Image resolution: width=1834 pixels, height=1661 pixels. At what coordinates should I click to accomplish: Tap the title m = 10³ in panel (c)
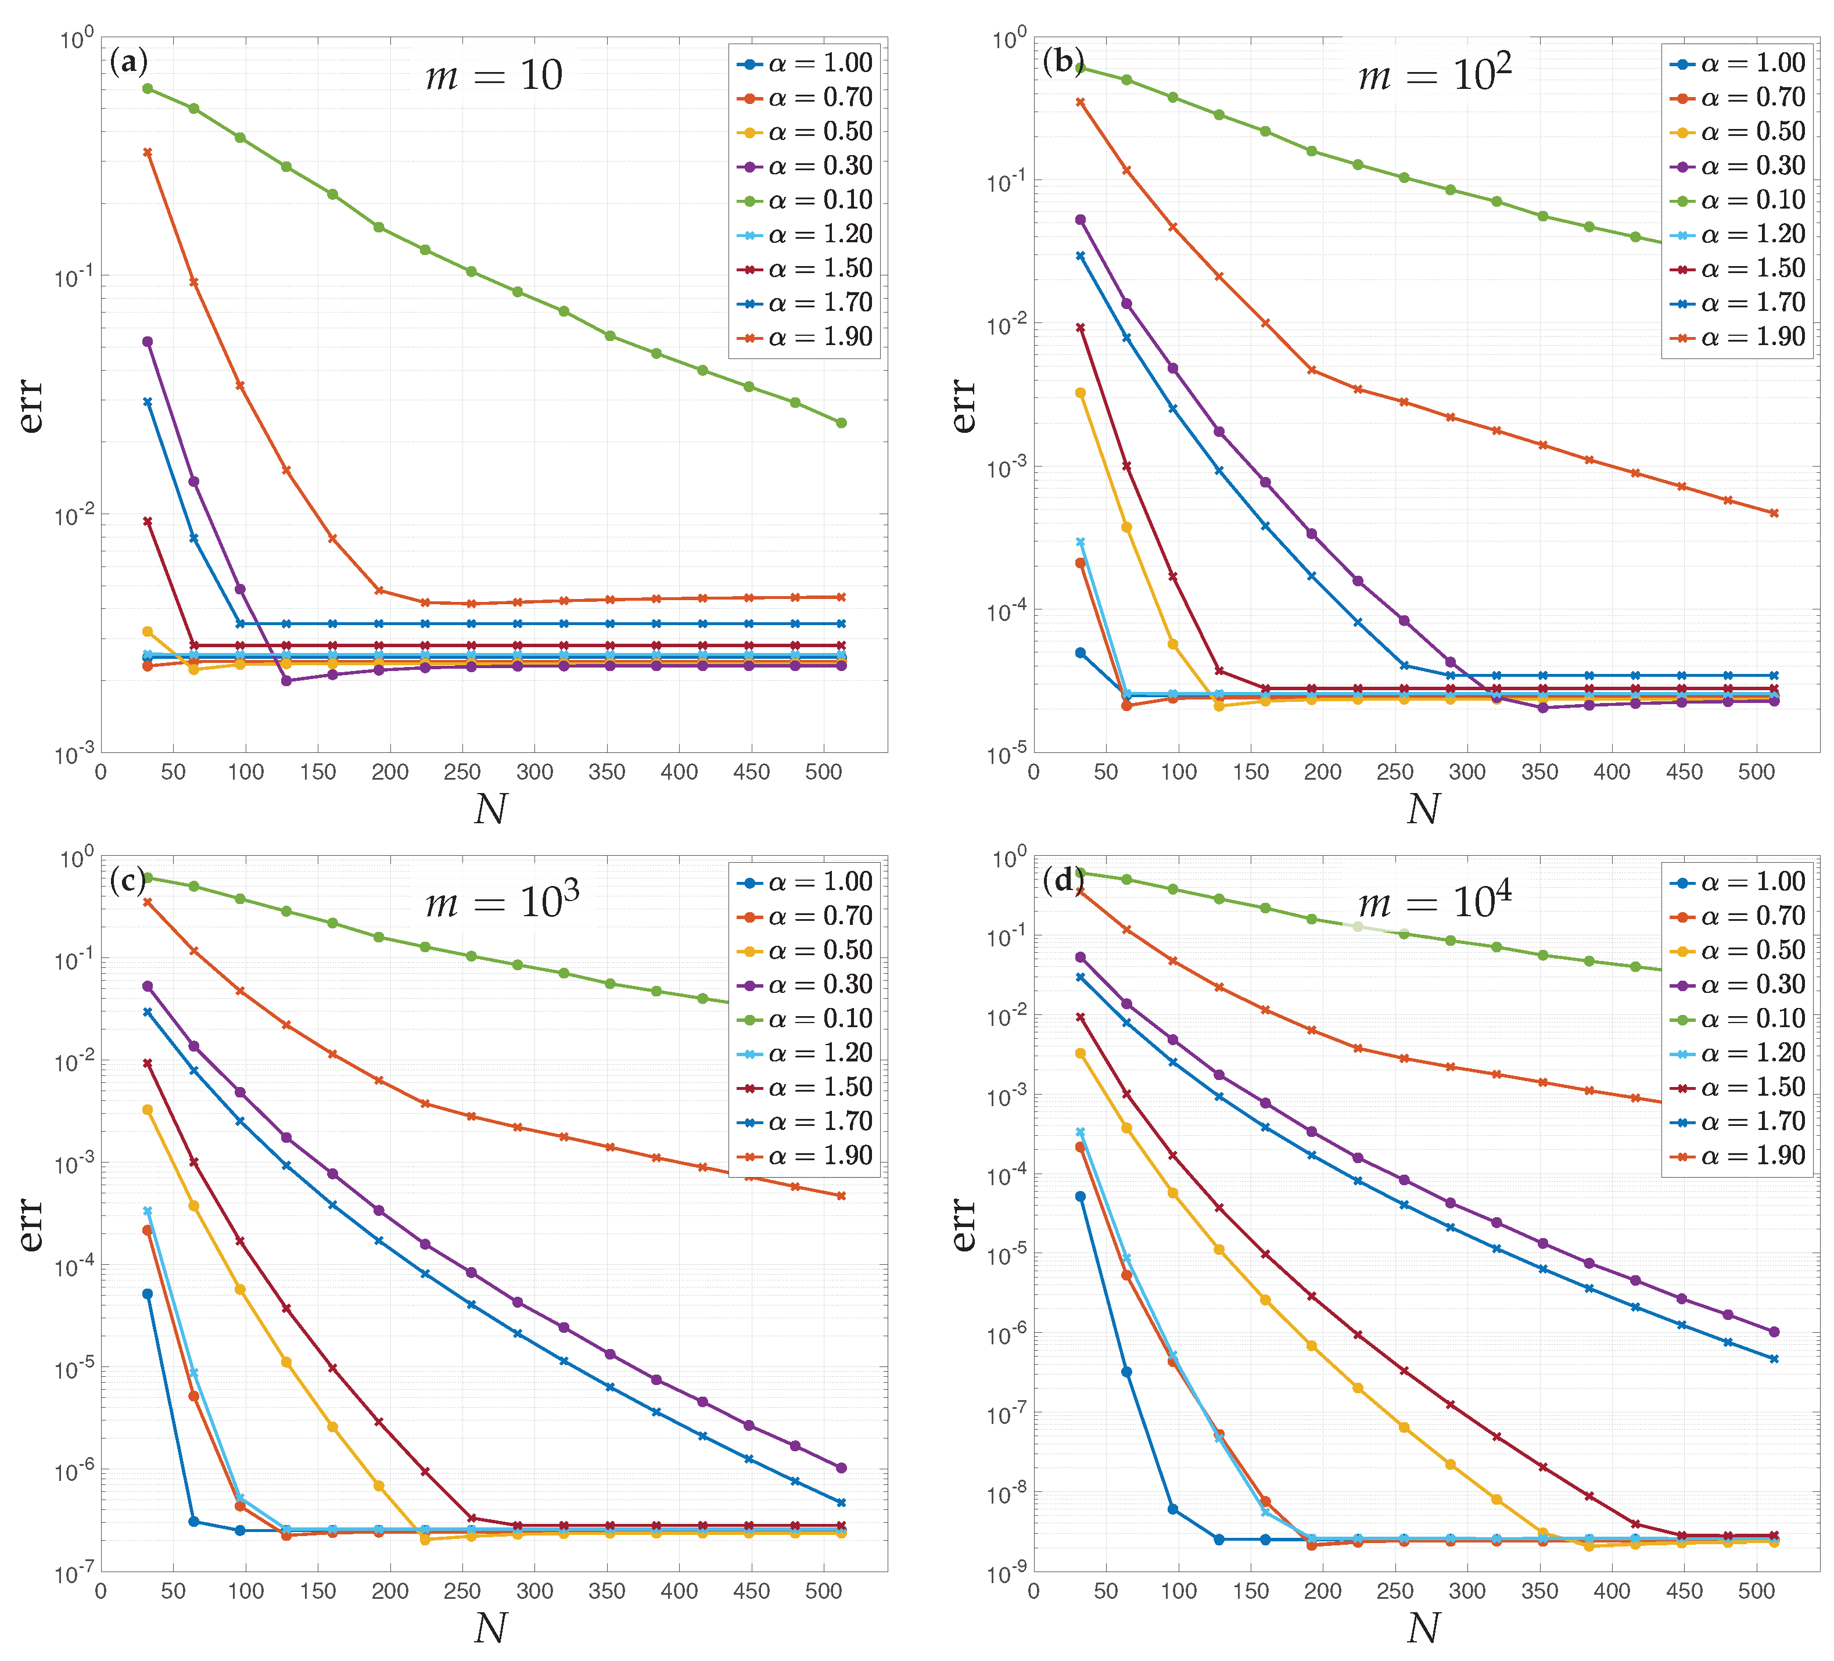[502, 902]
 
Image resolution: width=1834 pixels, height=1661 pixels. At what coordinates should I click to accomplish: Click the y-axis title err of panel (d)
[963, 1224]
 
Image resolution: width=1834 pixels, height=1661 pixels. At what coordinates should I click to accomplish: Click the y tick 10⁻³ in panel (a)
[74, 754]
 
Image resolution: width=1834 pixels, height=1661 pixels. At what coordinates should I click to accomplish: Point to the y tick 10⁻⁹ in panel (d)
[1007, 1573]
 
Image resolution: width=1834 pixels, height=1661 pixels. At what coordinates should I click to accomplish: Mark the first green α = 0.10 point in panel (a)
[148, 88]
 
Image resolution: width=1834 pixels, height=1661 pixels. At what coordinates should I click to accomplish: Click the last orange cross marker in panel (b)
[1774, 514]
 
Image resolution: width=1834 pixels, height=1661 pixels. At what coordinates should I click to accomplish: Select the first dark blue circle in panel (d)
[1081, 1197]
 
